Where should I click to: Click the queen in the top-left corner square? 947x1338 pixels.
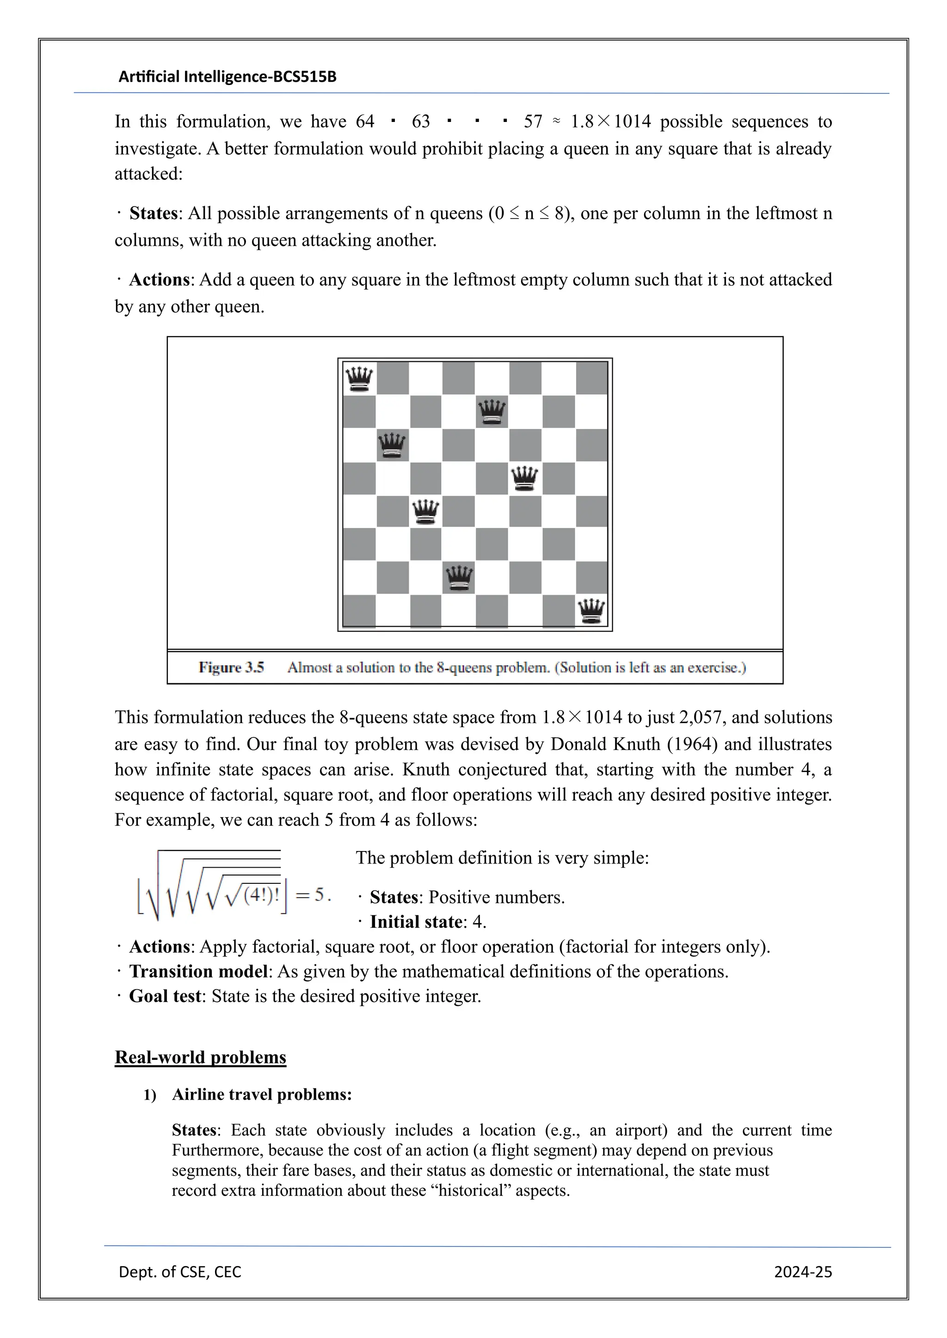(x=359, y=379)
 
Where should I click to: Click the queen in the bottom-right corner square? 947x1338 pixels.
(x=591, y=611)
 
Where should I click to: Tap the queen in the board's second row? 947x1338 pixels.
(x=492, y=412)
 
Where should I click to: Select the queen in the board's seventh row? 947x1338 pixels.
(x=459, y=578)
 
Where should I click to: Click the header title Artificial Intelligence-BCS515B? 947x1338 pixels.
(x=228, y=77)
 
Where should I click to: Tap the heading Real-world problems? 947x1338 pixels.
(x=200, y=1057)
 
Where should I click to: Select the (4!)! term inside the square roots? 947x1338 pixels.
(x=262, y=894)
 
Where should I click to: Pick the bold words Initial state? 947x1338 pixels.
(x=416, y=922)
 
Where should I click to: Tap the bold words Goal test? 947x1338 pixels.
(x=165, y=996)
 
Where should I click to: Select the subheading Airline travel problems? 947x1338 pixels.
(x=262, y=1095)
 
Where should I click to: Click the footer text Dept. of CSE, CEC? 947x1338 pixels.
(x=179, y=1271)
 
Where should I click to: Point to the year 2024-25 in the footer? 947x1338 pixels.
(x=802, y=1271)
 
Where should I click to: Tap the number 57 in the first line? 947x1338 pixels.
(x=533, y=122)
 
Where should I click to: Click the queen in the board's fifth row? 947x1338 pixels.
(x=425, y=511)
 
